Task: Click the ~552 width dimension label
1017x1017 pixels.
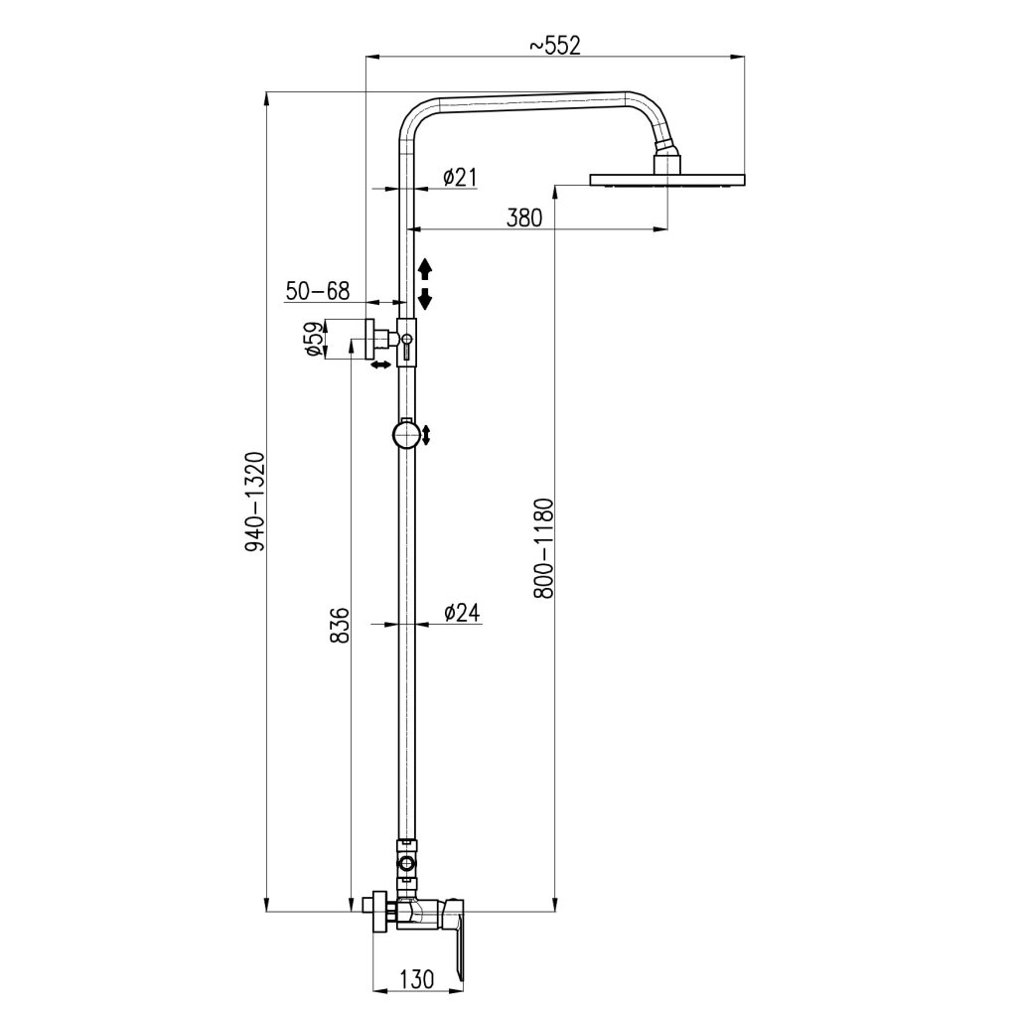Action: pos(554,46)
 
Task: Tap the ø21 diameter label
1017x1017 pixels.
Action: pos(460,177)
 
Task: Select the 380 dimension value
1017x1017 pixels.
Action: pos(524,218)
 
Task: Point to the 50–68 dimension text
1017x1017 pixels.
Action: pos(318,291)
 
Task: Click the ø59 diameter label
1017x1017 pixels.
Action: pos(313,339)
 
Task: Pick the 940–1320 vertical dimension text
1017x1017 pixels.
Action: pos(255,502)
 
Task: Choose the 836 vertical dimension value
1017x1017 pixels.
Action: pos(340,625)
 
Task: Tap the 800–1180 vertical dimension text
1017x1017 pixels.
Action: pos(543,548)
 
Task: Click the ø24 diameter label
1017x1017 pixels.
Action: pos(462,612)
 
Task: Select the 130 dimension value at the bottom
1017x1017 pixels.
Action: pos(416,978)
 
